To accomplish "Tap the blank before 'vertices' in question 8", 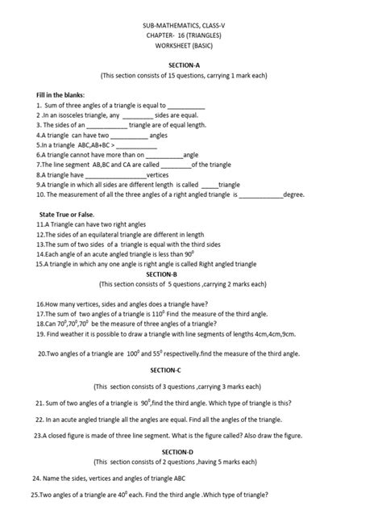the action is point(114,173).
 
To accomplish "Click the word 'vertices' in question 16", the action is point(94,304).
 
